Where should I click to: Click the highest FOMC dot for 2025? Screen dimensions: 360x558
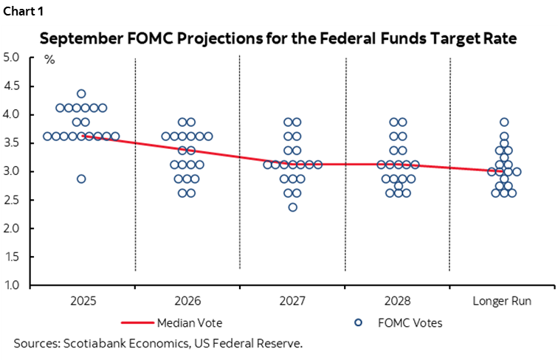coord(81,94)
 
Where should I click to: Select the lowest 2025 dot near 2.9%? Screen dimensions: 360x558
coord(81,179)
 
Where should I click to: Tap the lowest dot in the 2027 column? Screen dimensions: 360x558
coord(293,207)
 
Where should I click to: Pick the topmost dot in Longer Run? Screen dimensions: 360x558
coord(504,122)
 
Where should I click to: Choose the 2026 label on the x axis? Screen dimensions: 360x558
coord(187,302)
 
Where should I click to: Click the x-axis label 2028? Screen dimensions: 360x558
coord(399,302)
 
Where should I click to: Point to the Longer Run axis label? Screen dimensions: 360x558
coord(503,302)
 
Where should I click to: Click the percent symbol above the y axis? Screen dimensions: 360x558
coord(49,60)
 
